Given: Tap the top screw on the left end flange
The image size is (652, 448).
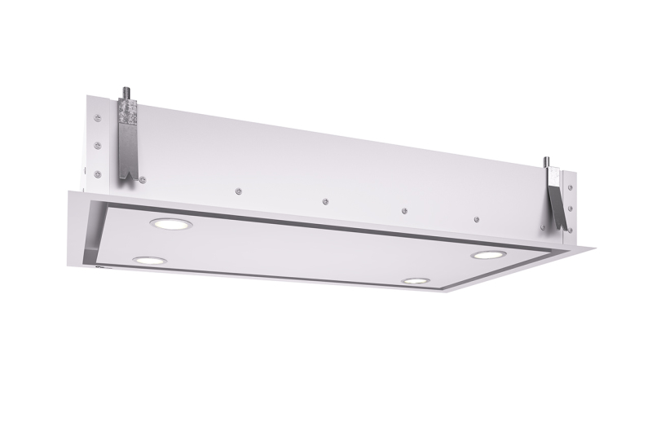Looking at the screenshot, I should pyautogui.click(x=98, y=119).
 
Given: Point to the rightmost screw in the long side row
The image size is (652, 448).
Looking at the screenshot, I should pyautogui.click(x=476, y=218).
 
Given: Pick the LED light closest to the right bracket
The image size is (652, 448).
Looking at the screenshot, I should pyautogui.click(x=487, y=255).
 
